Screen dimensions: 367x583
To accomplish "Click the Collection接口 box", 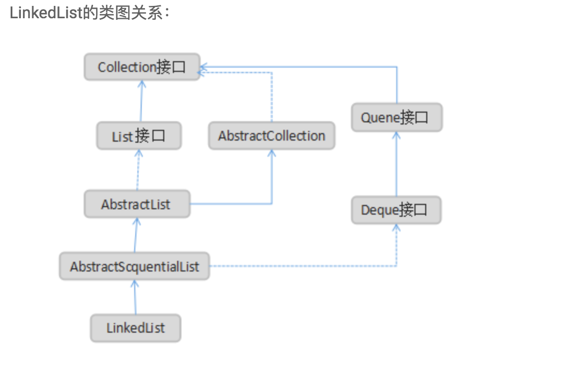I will point(142,67).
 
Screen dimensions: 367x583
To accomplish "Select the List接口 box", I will point(139,136).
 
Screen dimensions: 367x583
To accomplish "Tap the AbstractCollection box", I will point(271,136).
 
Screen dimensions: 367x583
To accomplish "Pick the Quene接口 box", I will point(396,118).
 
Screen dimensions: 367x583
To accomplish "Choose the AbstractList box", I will point(137,204).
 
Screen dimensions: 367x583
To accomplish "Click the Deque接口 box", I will point(396,210).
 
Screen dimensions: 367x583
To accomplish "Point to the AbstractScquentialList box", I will point(134,266).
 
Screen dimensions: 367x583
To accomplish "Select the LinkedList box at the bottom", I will point(135,328).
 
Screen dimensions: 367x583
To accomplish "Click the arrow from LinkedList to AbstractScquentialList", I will point(135,297).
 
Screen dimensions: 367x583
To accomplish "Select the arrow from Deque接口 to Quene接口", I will point(396,164).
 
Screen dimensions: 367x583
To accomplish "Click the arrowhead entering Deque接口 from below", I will point(396,229).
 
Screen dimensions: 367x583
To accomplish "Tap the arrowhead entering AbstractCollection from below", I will point(271,155).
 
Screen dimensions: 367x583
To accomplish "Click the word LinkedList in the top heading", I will point(46,13).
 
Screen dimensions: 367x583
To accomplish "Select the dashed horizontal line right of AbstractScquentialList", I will point(301,266).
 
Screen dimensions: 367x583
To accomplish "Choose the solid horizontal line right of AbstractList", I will point(231,204).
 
